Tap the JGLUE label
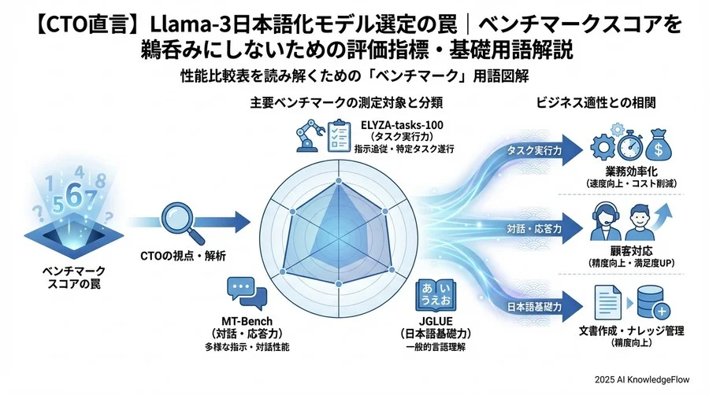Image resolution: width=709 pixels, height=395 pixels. point(435,323)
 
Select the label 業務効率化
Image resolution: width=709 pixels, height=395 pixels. point(628,172)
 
